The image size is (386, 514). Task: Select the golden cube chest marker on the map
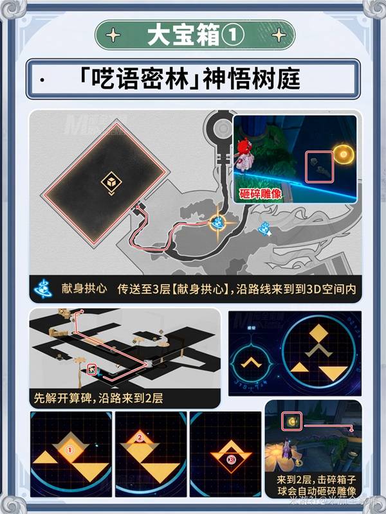tap(111, 184)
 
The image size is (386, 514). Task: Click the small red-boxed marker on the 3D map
tap(91, 369)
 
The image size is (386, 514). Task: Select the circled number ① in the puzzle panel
tap(71, 451)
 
